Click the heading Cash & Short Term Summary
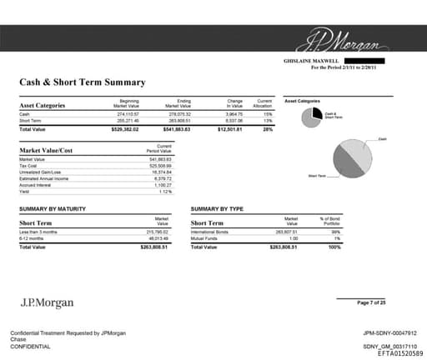point(82,82)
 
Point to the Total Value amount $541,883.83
point(178,129)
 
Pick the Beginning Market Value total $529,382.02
point(125,129)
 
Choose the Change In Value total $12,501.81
point(229,129)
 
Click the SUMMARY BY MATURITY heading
point(53,208)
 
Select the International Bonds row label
point(209,232)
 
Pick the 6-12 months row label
point(33,238)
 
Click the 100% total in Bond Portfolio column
point(334,247)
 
